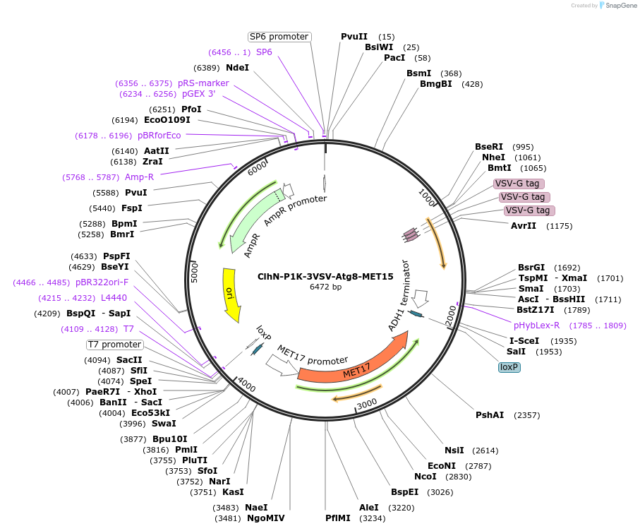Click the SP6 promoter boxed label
(x=279, y=37)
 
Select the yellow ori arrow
(x=230, y=292)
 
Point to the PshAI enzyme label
(x=490, y=415)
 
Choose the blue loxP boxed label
(x=509, y=367)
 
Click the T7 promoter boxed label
(x=114, y=345)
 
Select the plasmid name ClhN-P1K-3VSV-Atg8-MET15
(x=325, y=277)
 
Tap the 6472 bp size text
(x=325, y=287)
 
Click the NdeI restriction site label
(x=237, y=68)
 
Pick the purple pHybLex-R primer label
(x=536, y=326)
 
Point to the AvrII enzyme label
(x=524, y=226)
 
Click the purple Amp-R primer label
(x=140, y=177)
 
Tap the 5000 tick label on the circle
(x=195, y=273)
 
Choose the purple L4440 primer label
(x=114, y=298)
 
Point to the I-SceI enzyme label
(x=524, y=340)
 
